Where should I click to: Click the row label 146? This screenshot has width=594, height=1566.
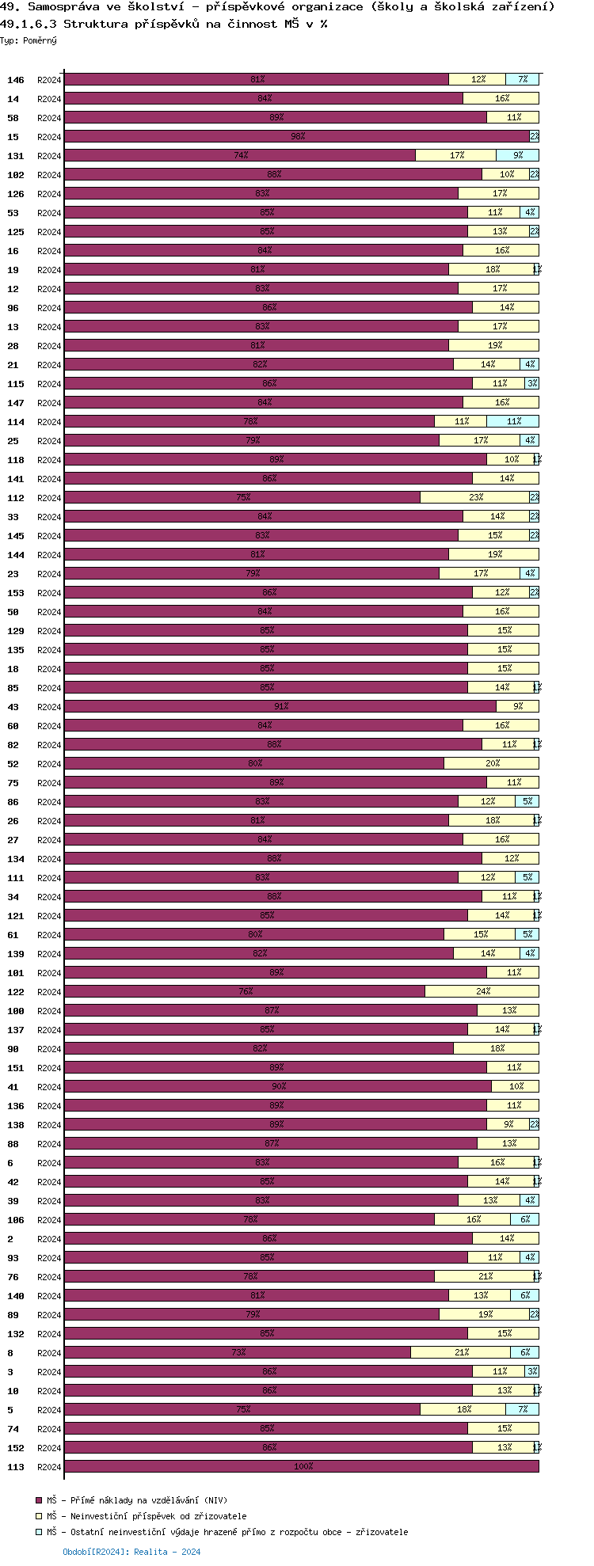point(16,80)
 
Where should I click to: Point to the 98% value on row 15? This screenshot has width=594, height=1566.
point(298,137)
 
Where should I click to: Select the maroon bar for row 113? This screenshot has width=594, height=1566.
point(301,1467)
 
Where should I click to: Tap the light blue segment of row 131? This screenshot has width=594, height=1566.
point(517,156)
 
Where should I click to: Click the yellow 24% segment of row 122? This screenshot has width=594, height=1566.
point(482,992)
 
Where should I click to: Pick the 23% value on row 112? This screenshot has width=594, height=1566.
point(475,498)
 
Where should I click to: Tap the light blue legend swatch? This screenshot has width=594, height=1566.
point(38,1532)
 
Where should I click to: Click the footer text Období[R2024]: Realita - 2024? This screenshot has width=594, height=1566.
point(131,1552)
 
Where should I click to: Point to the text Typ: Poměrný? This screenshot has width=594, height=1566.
point(29,40)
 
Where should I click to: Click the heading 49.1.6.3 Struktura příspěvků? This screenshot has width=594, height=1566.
point(163,24)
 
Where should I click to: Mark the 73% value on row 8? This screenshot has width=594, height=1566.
point(238,1353)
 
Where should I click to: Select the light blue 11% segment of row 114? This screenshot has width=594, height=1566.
point(513,422)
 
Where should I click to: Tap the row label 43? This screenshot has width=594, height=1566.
point(13,707)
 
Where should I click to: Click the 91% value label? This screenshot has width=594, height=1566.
point(281,707)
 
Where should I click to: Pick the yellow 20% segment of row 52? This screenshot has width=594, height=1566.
point(492,764)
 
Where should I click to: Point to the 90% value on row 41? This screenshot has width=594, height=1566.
point(279,1087)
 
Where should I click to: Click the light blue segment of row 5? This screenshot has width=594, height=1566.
point(522,1410)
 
